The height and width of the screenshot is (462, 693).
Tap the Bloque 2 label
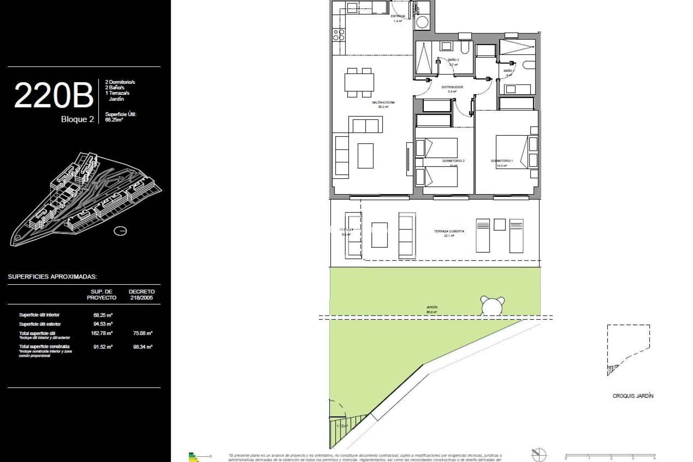click(77, 119)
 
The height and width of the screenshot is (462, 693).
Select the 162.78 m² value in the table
click(102, 333)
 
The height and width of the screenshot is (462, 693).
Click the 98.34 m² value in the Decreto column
click(143, 346)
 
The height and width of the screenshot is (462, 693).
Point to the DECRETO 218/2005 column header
click(141, 295)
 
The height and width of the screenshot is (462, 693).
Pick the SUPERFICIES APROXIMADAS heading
click(52, 277)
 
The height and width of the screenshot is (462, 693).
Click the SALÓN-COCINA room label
click(383, 103)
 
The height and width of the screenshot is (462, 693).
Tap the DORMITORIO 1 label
click(501, 161)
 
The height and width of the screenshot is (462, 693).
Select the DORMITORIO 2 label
click(453, 161)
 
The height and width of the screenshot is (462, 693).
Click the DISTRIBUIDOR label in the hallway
click(452, 87)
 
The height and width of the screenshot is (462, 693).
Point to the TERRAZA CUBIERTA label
click(449, 231)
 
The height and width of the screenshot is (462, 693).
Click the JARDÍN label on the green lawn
click(432, 307)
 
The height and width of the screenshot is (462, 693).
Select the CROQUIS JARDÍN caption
click(633, 396)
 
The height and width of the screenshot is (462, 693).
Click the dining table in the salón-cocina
click(359, 82)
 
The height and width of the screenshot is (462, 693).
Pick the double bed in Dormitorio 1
click(512, 152)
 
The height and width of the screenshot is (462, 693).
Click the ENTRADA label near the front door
click(398, 16)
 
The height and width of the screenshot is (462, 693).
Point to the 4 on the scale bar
click(654, 458)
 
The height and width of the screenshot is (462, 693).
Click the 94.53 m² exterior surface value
click(103, 324)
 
